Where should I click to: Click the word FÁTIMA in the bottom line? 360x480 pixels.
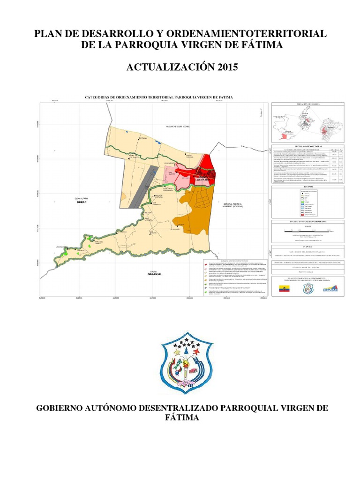tap(180, 417)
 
